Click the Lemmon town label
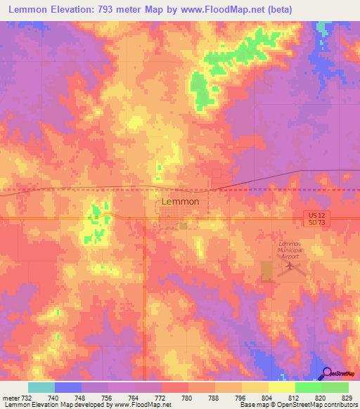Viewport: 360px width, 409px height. (180, 201)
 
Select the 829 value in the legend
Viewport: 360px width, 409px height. (348, 398)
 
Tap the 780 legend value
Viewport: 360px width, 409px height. (188, 398)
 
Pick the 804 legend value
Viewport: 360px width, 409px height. (268, 398)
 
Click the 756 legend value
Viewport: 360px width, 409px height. (108, 398)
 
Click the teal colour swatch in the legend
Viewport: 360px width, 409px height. (41, 387)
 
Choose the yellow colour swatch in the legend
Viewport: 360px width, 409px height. (281, 387)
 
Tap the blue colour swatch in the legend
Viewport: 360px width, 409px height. (67, 387)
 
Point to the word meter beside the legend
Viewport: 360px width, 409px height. (10, 398)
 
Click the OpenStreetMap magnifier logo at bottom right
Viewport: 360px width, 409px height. (326, 374)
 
